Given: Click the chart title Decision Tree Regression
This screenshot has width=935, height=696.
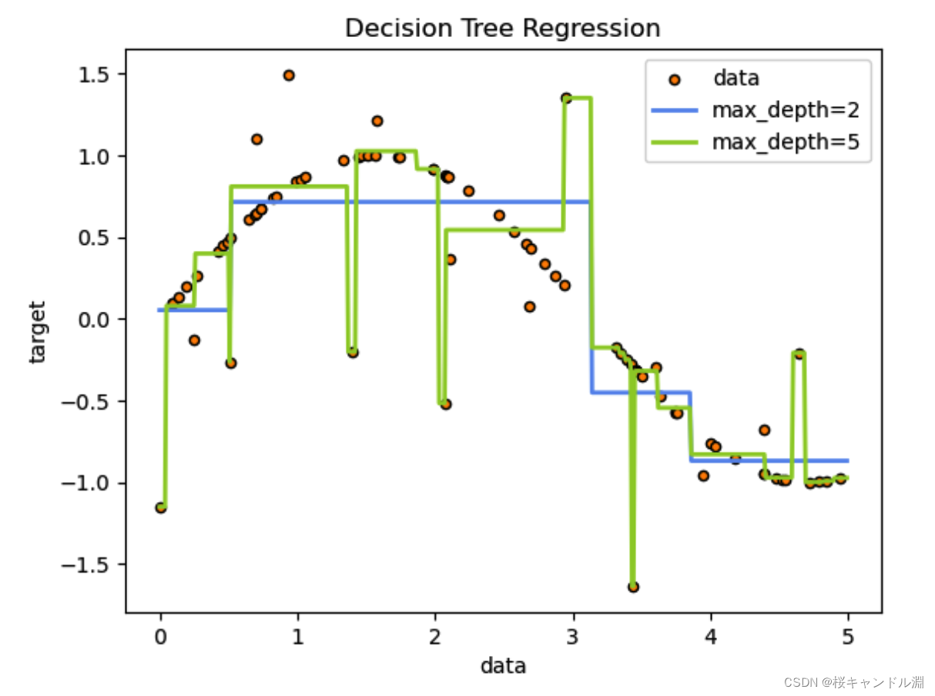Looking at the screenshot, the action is coord(502,28).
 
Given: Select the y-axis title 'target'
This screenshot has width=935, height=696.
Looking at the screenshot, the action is coord(37,332).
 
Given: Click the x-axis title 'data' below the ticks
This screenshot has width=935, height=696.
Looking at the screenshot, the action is coord(503,666).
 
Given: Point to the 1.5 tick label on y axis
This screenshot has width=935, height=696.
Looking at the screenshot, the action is coord(94,75).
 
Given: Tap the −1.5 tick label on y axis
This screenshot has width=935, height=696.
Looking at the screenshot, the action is coord(85,565).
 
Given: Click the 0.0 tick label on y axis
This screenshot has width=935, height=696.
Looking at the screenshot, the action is coord(94,320).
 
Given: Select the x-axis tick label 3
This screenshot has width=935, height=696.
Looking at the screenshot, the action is coord(572,637).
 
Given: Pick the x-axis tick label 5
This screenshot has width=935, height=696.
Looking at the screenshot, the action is coord(848,637).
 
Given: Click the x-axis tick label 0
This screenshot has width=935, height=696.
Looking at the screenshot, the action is coord(161,637).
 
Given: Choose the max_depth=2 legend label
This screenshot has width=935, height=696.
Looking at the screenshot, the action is coord(786,111).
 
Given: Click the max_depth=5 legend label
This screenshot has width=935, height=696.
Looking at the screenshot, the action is coord(786,142).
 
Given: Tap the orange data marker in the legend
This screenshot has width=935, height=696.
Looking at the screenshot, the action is coord(675,80).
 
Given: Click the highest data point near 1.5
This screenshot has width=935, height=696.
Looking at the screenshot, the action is coord(289,75).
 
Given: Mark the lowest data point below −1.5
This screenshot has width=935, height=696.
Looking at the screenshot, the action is coord(633,587).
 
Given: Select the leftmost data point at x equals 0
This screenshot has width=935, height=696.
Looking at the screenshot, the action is coord(161,507).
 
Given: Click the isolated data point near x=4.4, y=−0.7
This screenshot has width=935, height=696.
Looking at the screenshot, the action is coord(764,430).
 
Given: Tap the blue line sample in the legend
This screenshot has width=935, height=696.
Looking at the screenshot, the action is coord(675,110).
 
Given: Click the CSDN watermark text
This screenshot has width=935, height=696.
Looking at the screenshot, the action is coord(853,682).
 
